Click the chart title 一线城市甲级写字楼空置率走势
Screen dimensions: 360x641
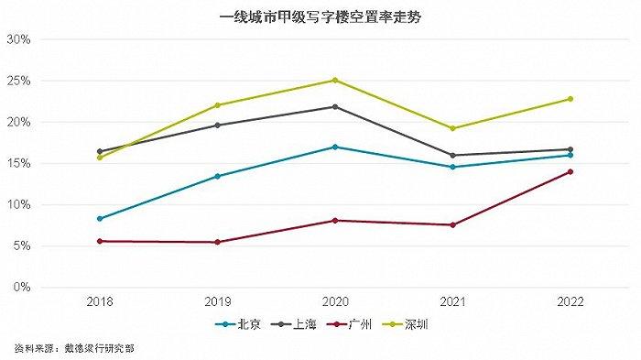click(x=320, y=16)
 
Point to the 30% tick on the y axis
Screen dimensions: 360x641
click(x=19, y=39)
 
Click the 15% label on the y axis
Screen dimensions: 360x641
click(x=19, y=163)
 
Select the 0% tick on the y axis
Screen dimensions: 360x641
click(x=23, y=287)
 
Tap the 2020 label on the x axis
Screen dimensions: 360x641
click(x=334, y=301)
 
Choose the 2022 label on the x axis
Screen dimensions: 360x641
click(x=570, y=301)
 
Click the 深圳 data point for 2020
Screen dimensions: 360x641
click(x=334, y=80)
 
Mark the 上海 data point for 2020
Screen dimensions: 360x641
click(x=334, y=106)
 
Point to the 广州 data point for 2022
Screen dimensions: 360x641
click(x=570, y=171)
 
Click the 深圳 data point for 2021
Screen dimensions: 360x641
click(x=452, y=128)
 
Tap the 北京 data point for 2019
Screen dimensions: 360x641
click(x=216, y=176)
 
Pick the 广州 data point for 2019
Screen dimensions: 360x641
click(x=216, y=242)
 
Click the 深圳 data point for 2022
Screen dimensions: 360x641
click(x=570, y=99)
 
